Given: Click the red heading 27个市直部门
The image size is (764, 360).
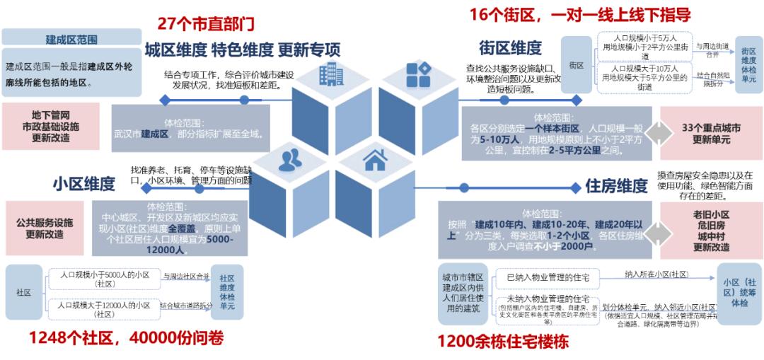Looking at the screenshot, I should click(x=206, y=23).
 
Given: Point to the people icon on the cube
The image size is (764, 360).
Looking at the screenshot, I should click(x=289, y=161).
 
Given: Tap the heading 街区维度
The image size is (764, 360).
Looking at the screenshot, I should click(x=510, y=48).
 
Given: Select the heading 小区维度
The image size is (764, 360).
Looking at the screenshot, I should click(x=83, y=184).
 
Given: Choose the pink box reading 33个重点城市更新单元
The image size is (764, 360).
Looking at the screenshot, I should click(x=711, y=134).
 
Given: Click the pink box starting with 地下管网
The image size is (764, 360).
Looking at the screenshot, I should click(x=50, y=126).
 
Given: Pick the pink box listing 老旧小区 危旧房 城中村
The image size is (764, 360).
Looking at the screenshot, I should click(x=711, y=231).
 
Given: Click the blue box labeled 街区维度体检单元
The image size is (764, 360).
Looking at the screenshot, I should click(x=748, y=66).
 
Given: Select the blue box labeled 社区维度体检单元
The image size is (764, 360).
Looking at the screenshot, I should click(x=226, y=292).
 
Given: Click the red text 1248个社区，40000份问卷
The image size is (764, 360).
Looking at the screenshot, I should click(x=126, y=339).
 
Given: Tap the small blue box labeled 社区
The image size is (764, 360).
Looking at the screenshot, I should click(x=23, y=292).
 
